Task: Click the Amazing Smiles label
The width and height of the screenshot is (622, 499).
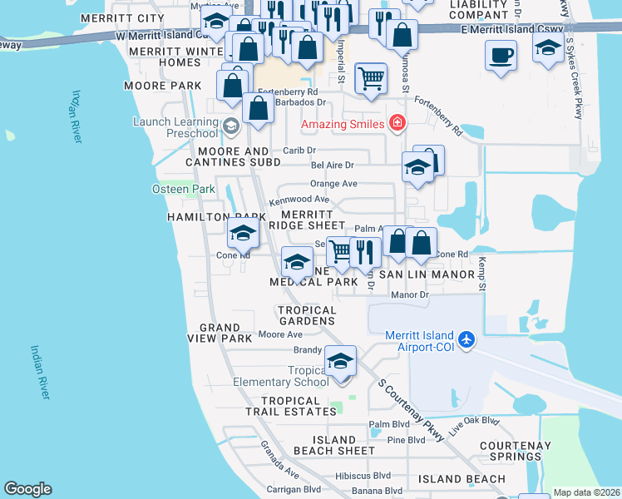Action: (342, 124)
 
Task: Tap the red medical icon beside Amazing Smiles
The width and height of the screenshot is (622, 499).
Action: (397, 124)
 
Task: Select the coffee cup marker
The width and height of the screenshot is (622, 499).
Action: (501, 56)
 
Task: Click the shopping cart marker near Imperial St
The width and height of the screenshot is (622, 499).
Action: (371, 79)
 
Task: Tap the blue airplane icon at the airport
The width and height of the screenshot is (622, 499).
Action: (467, 339)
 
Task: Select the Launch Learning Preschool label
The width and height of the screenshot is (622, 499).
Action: (175, 127)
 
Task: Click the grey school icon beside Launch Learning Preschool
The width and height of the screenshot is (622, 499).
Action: (231, 126)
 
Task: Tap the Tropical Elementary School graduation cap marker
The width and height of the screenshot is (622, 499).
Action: (340, 362)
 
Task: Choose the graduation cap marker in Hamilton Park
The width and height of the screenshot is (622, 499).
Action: (243, 233)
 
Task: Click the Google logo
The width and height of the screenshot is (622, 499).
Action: (28, 489)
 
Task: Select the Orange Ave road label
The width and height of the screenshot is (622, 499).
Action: (333, 184)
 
